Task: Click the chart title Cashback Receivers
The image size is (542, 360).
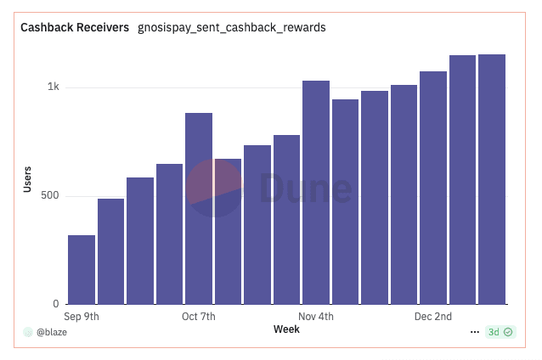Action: [74, 28]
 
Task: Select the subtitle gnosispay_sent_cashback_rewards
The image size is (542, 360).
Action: [232, 28]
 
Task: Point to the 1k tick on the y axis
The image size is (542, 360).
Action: [53, 87]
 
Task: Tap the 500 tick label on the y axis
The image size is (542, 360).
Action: [49, 196]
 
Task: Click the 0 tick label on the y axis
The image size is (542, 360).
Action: [56, 304]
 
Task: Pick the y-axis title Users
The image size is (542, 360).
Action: [27, 180]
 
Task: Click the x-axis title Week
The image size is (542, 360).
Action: [286, 329]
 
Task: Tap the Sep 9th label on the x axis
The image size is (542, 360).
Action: [82, 317]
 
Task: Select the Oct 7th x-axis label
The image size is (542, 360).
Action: [199, 317]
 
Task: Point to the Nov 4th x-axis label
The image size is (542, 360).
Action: [316, 317]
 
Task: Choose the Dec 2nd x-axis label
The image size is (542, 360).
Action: [433, 317]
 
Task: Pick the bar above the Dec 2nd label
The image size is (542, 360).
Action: [433, 188]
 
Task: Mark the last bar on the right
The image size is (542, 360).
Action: [492, 179]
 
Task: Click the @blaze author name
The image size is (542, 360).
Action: [51, 332]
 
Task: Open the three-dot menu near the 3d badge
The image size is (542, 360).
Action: [474, 332]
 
